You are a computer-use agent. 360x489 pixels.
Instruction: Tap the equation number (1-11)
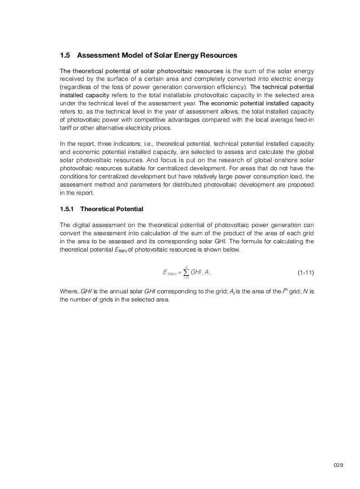click(x=306, y=273)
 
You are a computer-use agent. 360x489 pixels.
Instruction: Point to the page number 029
click(x=338, y=465)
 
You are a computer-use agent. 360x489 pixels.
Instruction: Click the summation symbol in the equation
click(x=186, y=272)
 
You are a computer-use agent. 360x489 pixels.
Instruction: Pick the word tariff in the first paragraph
click(x=67, y=128)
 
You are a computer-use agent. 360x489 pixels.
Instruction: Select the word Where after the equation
click(x=68, y=291)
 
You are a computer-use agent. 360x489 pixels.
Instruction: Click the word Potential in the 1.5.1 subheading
click(x=129, y=209)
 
